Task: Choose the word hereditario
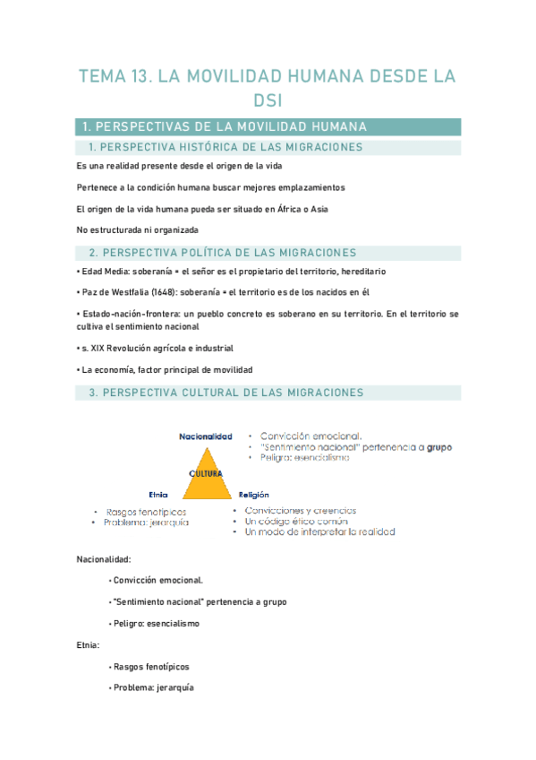tap(363, 271)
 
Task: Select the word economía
tap(112, 369)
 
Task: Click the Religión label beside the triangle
tap(255, 494)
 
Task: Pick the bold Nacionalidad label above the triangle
tap(206, 436)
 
